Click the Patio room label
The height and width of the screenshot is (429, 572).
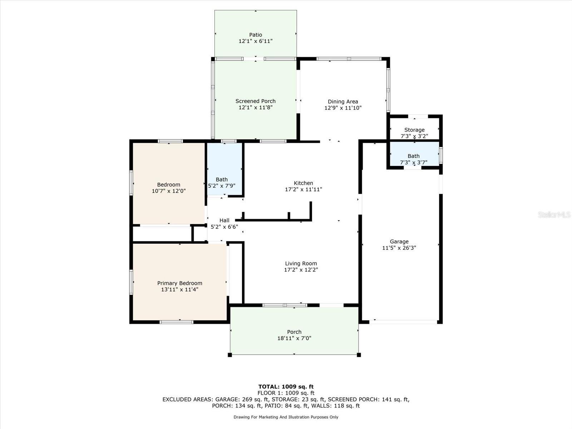[255, 35]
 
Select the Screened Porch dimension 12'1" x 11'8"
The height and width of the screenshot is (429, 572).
[255, 108]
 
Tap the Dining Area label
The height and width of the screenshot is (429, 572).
[343, 102]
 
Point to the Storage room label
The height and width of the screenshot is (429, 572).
[414, 130]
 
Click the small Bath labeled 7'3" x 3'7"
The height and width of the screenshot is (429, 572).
[414, 159]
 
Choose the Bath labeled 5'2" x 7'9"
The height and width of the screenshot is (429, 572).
[222, 182]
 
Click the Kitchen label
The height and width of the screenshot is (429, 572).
[303, 183]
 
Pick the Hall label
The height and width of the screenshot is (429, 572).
[224, 221]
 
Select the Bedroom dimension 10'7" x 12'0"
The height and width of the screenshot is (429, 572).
[169, 191]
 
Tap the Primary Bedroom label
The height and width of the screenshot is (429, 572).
[179, 283]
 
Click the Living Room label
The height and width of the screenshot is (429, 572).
[301, 263]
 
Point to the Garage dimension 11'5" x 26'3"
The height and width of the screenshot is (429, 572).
[399, 248]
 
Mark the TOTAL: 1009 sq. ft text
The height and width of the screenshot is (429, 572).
[286, 386]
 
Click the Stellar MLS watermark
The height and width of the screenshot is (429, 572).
[554, 214]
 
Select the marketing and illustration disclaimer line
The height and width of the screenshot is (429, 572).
[286, 417]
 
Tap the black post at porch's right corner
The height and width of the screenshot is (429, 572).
[359, 355]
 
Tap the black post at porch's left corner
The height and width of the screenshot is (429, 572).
[230, 355]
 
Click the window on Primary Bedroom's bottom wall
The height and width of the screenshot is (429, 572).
[176, 322]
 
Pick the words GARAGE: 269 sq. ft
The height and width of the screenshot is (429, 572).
[242, 399]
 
